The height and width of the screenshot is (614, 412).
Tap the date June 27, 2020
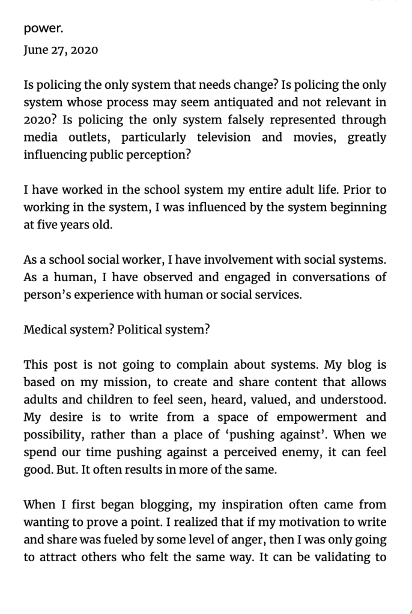pos(61,50)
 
